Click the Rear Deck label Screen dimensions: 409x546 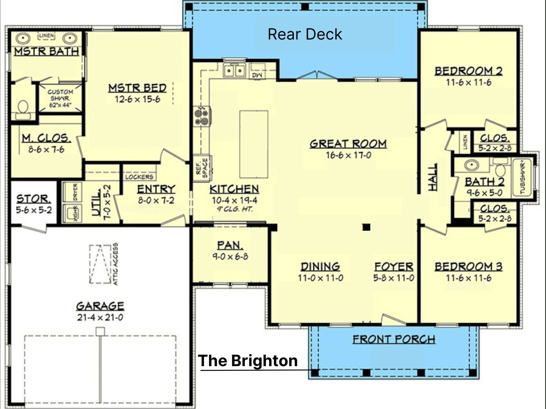pyautogui.click(x=305, y=34)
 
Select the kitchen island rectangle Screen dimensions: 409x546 pyautogui.click(x=254, y=144)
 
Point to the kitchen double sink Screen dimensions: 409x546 pyautogui.click(x=234, y=71)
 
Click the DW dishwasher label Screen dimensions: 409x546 pyautogui.click(x=257, y=76)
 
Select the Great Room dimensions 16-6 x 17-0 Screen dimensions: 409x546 pyautogui.click(x=348, y=155)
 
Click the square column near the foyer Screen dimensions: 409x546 pyautogui.click(x=366, y=227)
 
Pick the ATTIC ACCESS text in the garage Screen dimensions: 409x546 pyautogui.click(x=115, y=264)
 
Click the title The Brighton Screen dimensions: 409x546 pyautogui.click(x=248, y=361)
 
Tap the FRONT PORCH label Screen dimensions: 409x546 pyautogui.click(x=394, y=340)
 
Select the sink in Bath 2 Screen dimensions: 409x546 pyautogui.click(x=471, y=165)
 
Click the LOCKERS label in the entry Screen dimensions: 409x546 pyautogui.click(x=139, y=177)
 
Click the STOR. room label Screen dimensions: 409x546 pyautogui.click(x=34, y=199)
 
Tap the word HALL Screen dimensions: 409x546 pyautogui.click(x=433, y=177)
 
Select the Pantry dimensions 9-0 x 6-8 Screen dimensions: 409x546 pyautogui.click(x=230, y=257)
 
